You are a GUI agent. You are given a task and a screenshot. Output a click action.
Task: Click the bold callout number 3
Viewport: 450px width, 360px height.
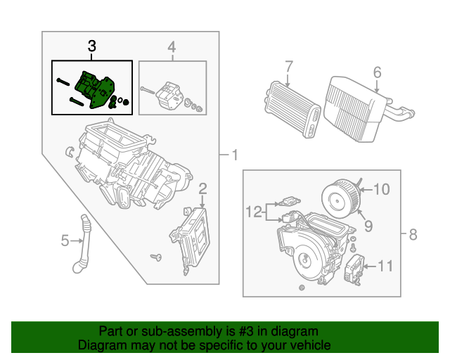pos(92,46)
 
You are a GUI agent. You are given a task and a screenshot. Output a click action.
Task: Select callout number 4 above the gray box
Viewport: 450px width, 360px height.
pos(172,47)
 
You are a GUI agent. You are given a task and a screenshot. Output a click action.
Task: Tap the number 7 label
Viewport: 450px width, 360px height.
pos(288,67)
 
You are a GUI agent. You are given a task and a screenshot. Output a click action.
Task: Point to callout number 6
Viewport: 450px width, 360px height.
pos(377,72)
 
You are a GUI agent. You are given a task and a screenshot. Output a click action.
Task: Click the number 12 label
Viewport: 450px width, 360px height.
pos(254,212)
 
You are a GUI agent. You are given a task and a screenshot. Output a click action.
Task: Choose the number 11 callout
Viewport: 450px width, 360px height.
pos(385,266)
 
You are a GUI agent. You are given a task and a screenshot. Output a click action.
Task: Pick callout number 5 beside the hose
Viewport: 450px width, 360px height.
pos(65,240)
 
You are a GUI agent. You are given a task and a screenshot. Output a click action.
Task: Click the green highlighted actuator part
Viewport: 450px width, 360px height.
pos(95,89)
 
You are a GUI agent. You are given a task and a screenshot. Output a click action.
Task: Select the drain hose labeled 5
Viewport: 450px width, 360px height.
pos(82,244)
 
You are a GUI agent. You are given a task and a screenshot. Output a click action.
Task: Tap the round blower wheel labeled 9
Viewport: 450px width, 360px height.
pos(340,198)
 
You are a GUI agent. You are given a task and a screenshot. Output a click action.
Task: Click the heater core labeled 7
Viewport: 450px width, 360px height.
pos(292,108)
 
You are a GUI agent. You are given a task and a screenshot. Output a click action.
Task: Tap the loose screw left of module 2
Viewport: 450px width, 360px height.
pos(156,257)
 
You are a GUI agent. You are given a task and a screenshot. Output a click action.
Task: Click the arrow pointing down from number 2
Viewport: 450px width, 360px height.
pos(202,202)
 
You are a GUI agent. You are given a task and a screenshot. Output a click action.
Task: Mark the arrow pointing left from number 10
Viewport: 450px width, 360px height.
pos(366,189)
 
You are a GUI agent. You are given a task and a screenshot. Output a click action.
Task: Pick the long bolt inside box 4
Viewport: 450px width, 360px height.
pos(148,90)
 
